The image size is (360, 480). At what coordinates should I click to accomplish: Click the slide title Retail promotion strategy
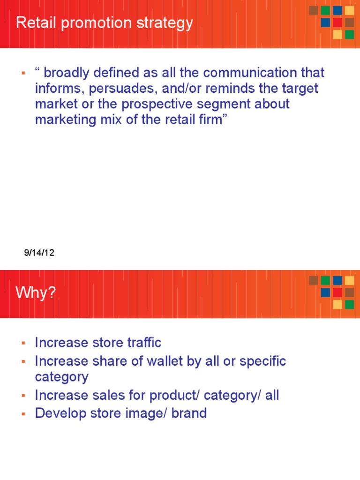tap(104, 23)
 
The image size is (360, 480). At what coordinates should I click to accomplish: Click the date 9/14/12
tap(39, 253)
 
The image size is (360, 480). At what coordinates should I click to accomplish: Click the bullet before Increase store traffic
tap(22, 343)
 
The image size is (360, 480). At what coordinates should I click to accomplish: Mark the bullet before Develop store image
tap(22, 413)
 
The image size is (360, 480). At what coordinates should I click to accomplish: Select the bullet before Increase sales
tap(22, 396)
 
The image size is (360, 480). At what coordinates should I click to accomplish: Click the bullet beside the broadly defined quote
tap(22, 73)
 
